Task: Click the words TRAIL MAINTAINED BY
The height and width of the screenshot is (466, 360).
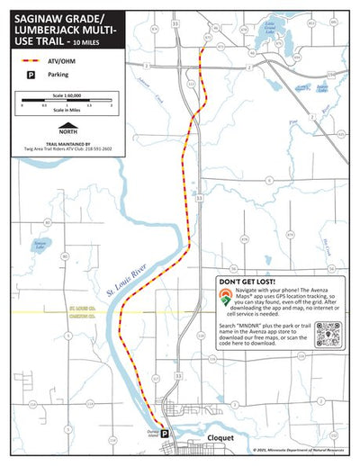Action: [67, 142]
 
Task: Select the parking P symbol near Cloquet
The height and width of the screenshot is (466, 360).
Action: [165, 433]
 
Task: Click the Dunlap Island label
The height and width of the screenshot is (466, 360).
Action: [152, 431]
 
